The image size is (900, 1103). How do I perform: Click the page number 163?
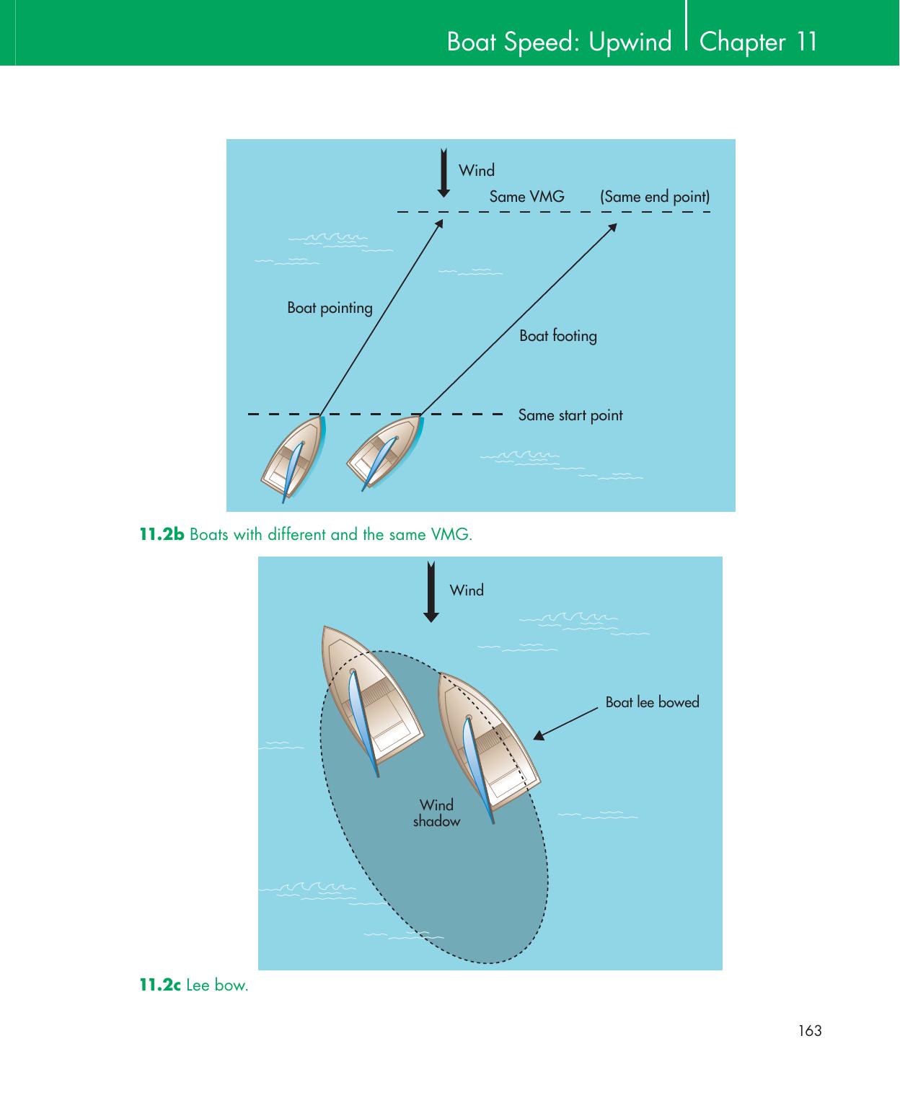(810, 1031)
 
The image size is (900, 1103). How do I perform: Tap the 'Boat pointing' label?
(330, 308)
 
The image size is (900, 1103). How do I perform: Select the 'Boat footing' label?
(558, 336)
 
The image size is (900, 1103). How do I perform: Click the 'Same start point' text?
(570, 415)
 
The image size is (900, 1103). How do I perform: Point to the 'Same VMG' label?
(526, 196)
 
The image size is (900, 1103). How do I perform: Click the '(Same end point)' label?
(655, 196)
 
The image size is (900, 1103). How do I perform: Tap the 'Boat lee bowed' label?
(652, 702)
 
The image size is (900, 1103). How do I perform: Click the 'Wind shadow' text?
(436, 813)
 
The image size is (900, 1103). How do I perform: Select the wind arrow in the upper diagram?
(444, 173)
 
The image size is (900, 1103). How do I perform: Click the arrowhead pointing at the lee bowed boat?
(538, 736)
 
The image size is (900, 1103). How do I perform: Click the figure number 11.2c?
(160, 985)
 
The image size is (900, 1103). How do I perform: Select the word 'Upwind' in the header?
(630, 42)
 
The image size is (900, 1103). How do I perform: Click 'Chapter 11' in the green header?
(759, 42)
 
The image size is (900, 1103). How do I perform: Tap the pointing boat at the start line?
(294, 457)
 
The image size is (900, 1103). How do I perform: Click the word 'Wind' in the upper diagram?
(477, 171)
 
